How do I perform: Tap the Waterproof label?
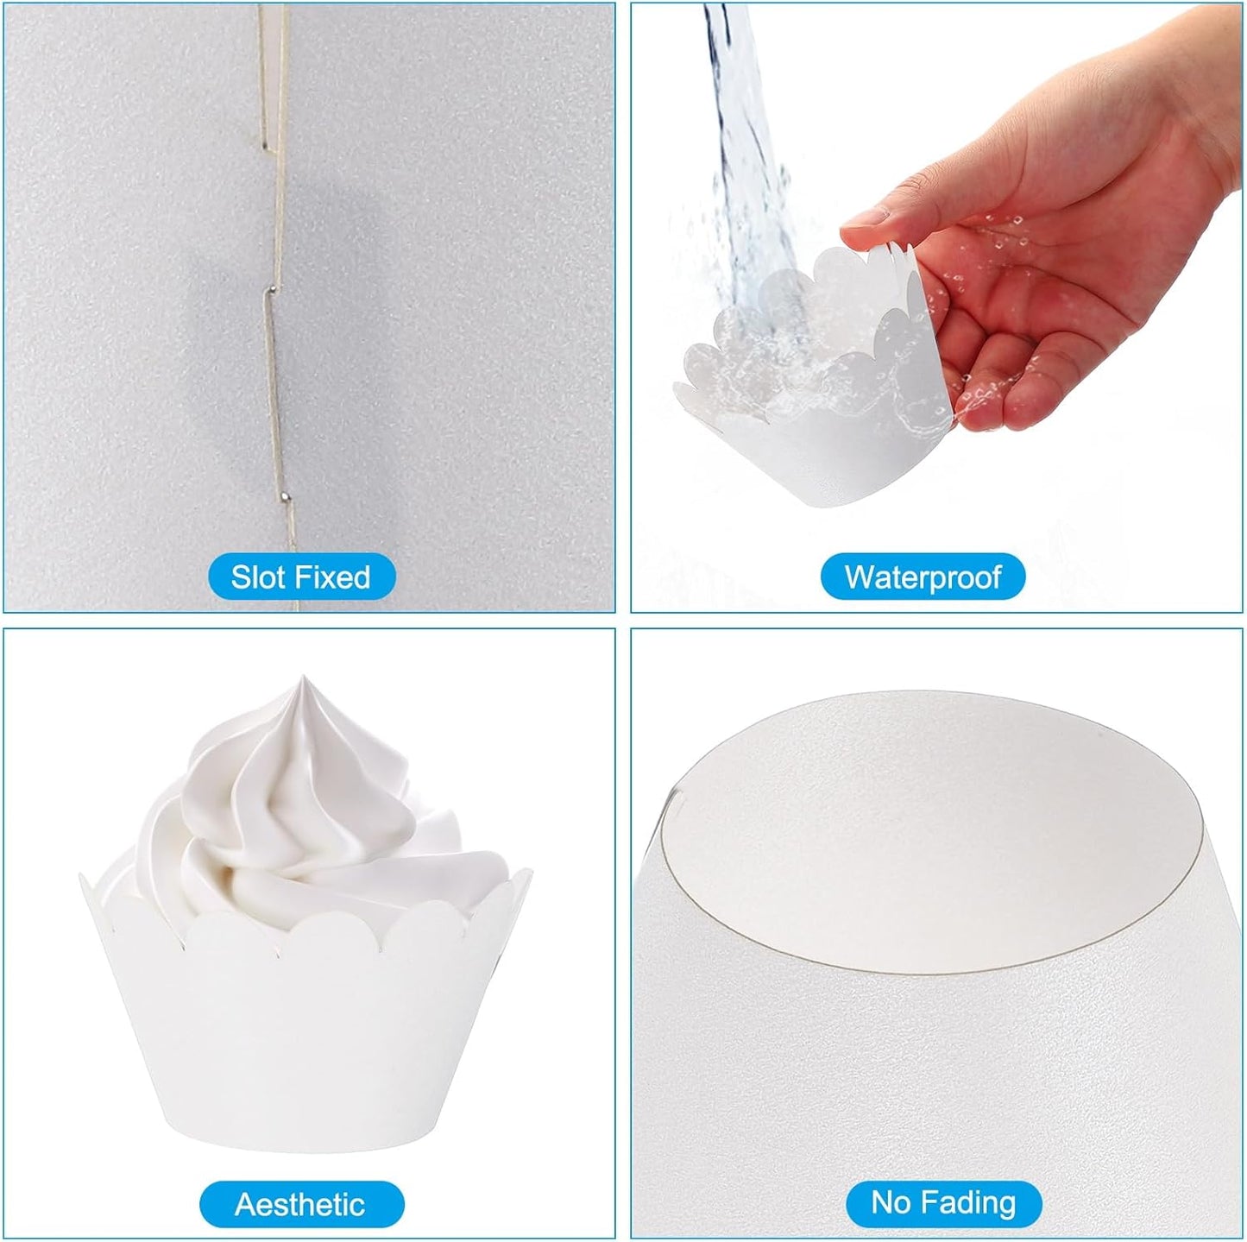923,576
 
